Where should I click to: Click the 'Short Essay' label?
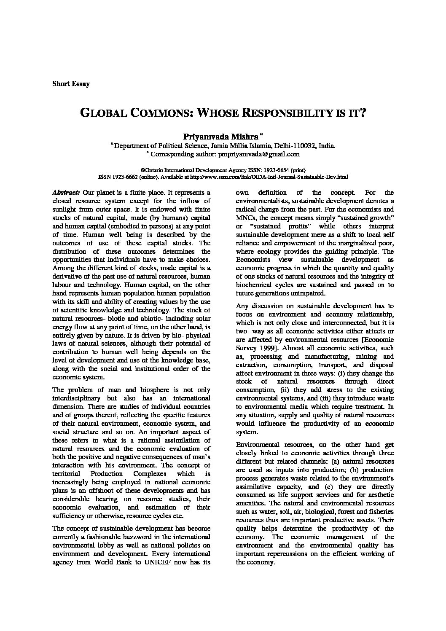click(x=71, y=84)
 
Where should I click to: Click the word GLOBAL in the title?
click(x=104, y=113)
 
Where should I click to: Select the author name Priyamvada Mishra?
click(x=221, y=137)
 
